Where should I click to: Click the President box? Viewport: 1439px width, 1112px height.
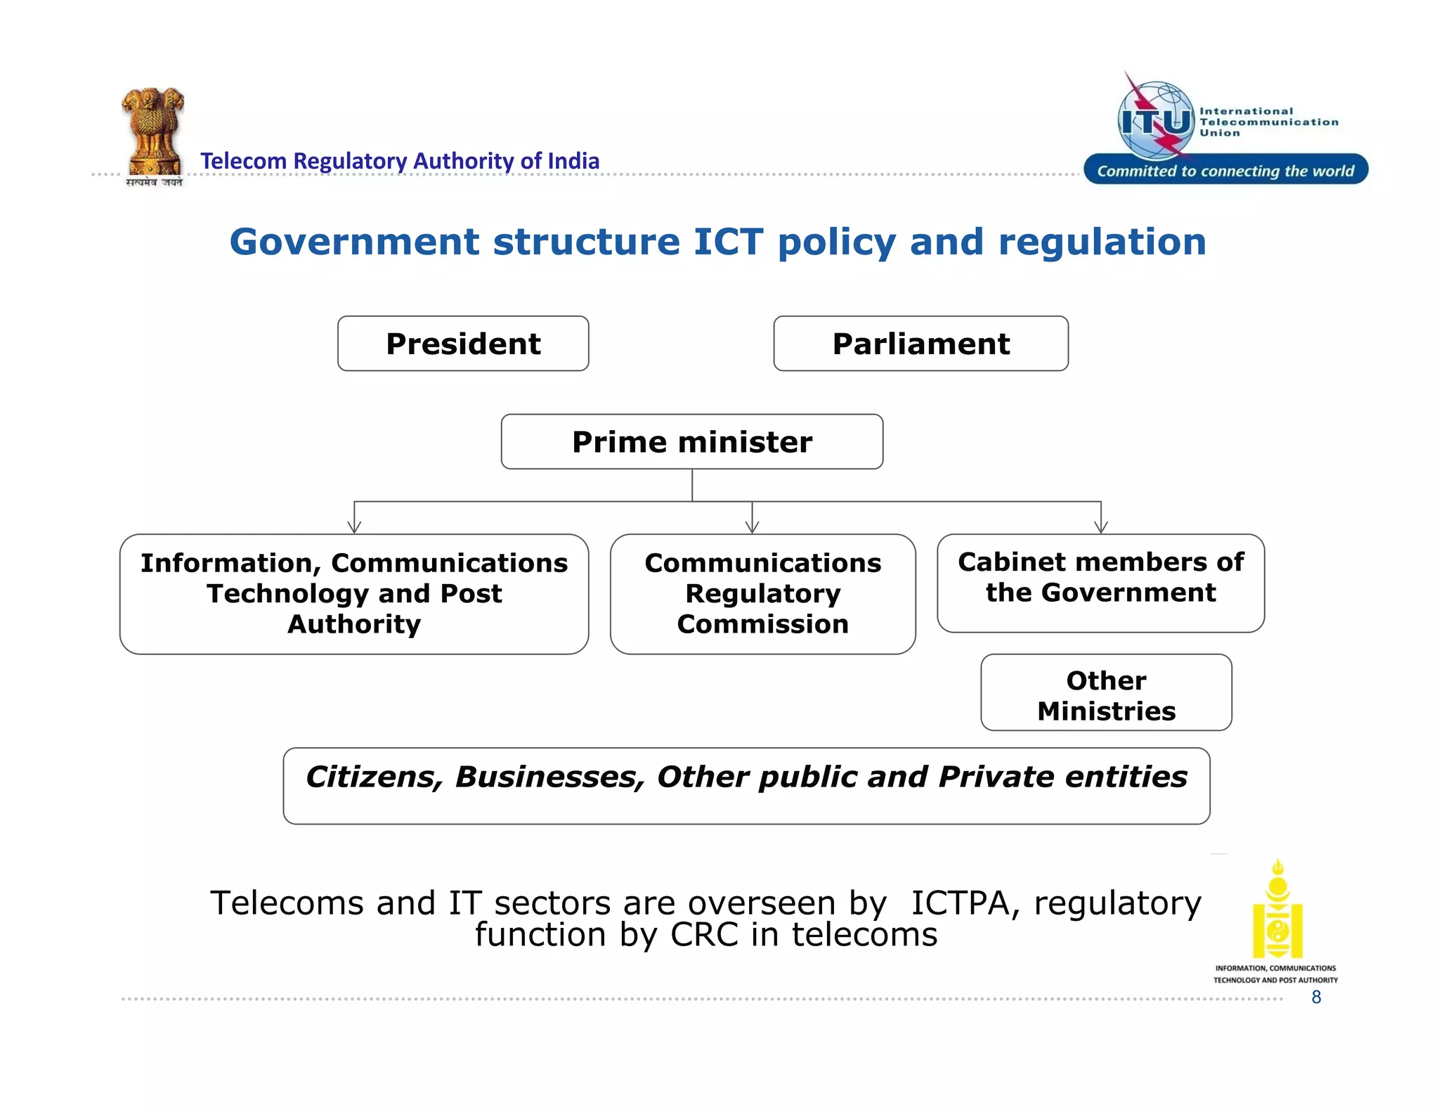coord(463,344)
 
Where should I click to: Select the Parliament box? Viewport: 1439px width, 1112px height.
coord(920,344)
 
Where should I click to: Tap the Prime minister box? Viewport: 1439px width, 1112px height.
coord(691,442)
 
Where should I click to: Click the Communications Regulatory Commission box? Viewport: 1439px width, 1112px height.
coord(762,594)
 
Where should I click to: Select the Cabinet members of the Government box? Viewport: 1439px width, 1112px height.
coord(1100,582)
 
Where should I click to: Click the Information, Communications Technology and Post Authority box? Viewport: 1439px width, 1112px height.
coord(354,594)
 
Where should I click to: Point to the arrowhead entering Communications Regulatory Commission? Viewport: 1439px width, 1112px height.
coord(753,528)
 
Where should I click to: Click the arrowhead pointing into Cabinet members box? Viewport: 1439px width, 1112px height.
coord(1101,528)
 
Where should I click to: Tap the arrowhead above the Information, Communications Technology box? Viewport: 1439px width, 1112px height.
coord(354,528)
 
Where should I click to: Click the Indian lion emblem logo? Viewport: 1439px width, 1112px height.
coord(152,134)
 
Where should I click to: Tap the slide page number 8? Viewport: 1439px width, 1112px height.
coord(1316,997)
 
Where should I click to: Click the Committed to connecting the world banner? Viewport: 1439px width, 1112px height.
coord(1225,170)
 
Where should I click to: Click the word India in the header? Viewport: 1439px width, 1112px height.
coord(573,161)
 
